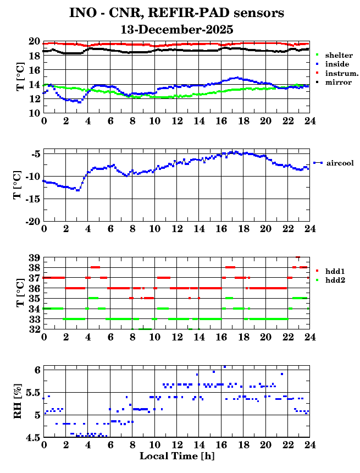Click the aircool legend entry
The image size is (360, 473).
tap(340, 163)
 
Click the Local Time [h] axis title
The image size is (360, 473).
tap(176, 456)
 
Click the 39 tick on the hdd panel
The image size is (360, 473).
tap(34, 258)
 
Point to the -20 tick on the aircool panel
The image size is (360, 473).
tap(32, 221)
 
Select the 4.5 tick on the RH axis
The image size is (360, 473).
tap(32, 438)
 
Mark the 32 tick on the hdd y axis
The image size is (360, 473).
tap(34, 329)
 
